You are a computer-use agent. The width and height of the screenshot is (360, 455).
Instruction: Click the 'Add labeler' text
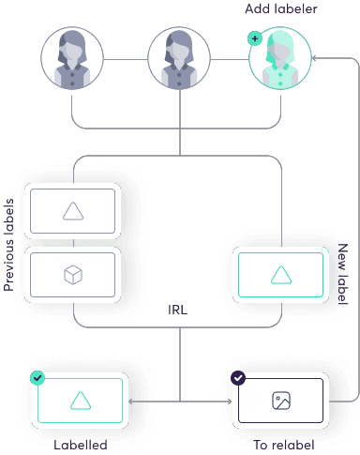pos(280,8)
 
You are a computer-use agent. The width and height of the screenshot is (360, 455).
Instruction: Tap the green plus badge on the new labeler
pos(255,38)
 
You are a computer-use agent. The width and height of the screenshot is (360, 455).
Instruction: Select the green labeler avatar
pos(280,58)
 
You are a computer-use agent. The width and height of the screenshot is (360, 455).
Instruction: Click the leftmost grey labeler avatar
pos(72,58)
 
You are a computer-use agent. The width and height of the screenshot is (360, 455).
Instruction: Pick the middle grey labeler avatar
pos(179,58)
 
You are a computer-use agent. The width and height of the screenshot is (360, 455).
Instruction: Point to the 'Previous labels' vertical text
pos(8,245)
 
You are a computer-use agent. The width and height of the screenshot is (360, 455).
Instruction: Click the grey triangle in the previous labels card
pos(73,211)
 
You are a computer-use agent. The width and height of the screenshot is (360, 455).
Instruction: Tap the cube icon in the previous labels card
pos(73,275)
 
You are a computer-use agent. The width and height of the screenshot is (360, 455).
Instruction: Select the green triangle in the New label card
pos(281,275)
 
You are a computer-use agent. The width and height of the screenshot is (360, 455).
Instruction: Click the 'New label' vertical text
pos(343,274)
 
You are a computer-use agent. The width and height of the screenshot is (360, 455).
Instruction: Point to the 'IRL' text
pos(177,310)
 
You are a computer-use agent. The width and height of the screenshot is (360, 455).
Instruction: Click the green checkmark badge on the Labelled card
pos(37,378)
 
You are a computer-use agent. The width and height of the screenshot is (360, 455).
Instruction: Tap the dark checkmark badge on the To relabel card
pos(238,378)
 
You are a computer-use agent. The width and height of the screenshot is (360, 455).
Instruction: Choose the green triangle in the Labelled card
pos(81,401)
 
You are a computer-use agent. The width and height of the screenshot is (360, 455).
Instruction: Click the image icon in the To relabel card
pos(281,401)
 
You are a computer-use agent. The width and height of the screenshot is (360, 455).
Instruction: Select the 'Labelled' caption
pos(81,445)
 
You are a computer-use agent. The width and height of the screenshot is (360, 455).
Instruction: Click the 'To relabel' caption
pos(284,445)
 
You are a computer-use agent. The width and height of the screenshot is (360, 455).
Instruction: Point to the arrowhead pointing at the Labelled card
pos(131,402)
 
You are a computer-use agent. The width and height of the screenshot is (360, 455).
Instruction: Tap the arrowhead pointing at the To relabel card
pos(230,402)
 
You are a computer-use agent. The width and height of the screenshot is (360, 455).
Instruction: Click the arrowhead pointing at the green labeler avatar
pos(315,58)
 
